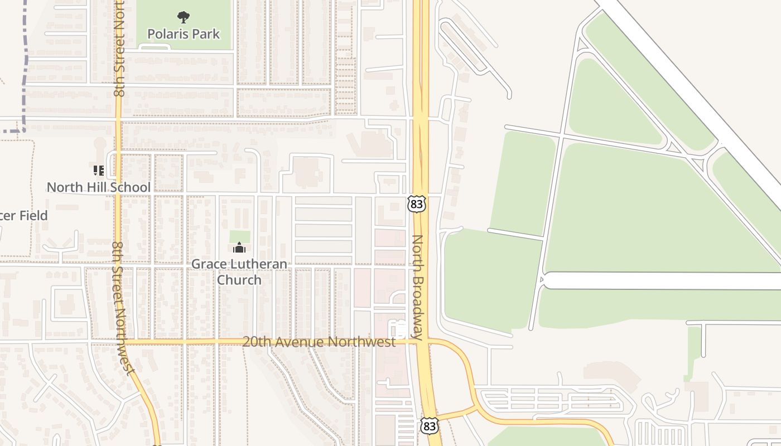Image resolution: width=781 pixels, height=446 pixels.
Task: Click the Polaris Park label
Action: point(184,34)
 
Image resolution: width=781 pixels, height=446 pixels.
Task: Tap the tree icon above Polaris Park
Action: point(183,18)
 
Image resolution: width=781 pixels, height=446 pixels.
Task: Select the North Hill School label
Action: point(99,187)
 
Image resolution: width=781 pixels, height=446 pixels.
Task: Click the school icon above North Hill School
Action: point(99,170)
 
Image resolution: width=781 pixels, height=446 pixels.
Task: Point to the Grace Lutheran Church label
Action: point(239,272)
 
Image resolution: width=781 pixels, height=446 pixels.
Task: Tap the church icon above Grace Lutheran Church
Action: point(239,248)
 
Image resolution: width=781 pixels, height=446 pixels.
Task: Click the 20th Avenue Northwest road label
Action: point(319,342)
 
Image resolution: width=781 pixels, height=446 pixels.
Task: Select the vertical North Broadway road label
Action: point(418,287)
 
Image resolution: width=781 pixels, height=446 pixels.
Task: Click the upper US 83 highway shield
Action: point(416,204)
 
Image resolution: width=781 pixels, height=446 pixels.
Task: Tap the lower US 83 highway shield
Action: point(430,426)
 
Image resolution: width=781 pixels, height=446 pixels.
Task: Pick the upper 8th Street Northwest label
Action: point(119,50)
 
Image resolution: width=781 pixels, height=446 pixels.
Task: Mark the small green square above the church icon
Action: point(240,236)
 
